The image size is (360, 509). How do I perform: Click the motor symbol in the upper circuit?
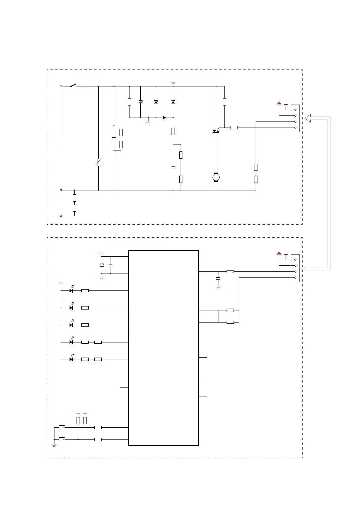coord(216,177)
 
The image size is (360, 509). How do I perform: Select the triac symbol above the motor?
coord(216,131)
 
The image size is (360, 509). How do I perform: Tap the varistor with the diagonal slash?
coord(99,162)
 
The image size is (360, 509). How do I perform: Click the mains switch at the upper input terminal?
coord(73,86)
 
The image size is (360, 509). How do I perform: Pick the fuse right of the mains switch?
coord(89,86)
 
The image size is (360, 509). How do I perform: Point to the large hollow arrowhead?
coord(308,118)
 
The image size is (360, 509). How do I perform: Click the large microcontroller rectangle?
coord(163,348)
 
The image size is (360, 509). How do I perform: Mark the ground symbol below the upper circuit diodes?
coord(148,122)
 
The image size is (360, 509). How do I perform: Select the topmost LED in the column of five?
coord(71,290)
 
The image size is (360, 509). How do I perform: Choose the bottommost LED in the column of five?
coord(71,359)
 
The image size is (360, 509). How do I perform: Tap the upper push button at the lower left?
coord(62,426)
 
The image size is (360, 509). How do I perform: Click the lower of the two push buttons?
coord(62,438)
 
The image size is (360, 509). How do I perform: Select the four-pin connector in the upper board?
coord(295,118)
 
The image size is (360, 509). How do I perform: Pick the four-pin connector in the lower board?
coord(295,268)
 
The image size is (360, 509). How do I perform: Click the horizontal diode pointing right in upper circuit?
coord(165,118)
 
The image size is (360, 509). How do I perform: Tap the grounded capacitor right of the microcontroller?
coord(218,278)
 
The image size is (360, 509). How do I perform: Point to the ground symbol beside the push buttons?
coord(54,446)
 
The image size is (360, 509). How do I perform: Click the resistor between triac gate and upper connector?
coord(234,128)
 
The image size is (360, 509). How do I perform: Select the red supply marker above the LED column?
coord(61,283)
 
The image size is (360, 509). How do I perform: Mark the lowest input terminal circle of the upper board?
coord(61,216)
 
